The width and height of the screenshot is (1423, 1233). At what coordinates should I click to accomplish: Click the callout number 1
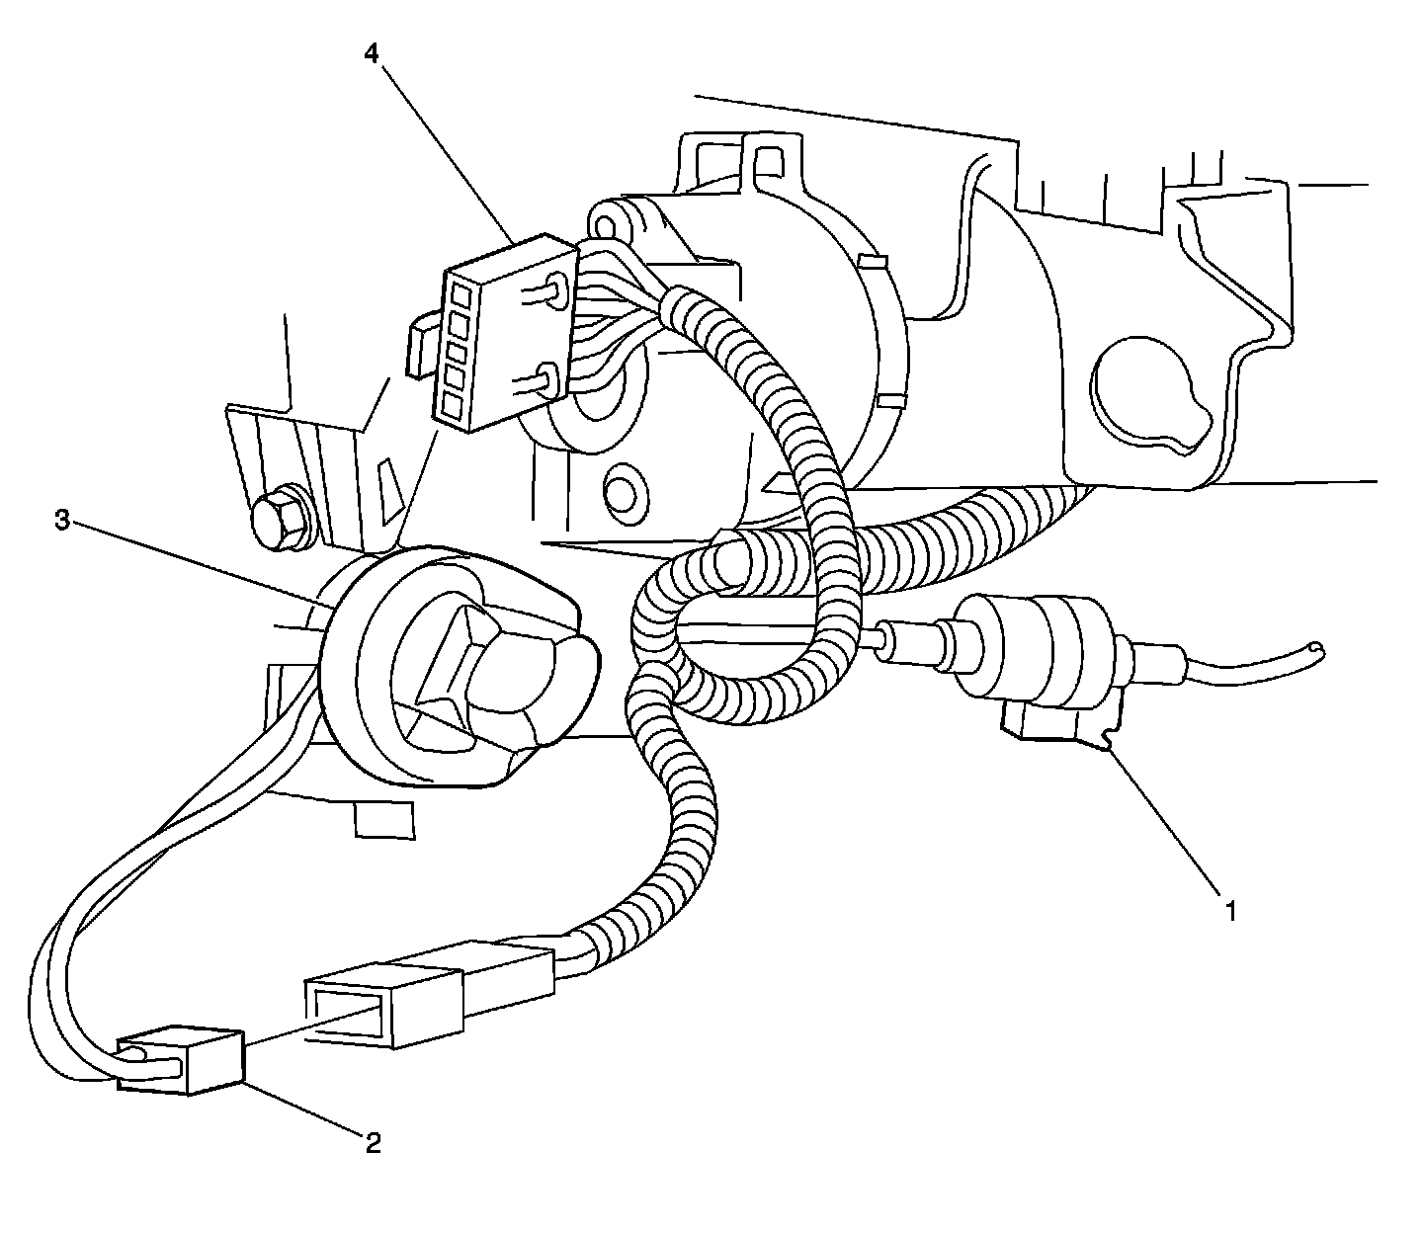click(1229, 910)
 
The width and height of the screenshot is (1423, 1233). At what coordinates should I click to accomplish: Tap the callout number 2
click(373, 1143)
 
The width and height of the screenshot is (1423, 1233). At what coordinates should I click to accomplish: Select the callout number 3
click(61, 522)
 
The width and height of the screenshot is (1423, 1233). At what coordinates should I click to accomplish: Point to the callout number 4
click(371, 54)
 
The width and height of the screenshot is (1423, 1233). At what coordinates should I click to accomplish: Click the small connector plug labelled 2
click(181, 1061)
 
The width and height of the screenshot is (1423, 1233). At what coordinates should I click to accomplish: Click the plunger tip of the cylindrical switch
click(874, 636)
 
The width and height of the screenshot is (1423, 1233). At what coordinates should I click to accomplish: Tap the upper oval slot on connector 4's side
click(552, 291)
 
